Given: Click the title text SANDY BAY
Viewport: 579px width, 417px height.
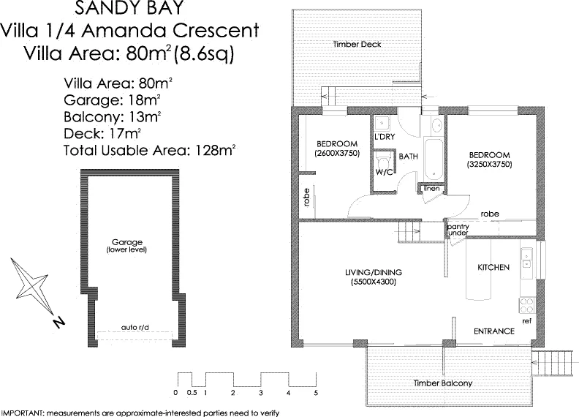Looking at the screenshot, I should pos(129,9).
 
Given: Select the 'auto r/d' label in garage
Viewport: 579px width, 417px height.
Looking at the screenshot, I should pos(135,327).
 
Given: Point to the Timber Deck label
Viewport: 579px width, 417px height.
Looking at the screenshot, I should pos(357,45).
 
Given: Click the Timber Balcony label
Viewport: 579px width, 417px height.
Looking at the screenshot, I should pos(442,383).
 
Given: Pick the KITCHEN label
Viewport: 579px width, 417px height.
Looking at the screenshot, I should pos(493,268).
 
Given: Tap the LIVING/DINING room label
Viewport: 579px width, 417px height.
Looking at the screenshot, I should pos(374,273).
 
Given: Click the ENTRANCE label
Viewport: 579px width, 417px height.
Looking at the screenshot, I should pos(493,331).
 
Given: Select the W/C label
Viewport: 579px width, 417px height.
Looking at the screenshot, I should pos(384,172).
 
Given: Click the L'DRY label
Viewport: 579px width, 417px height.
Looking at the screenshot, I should pos(385,137).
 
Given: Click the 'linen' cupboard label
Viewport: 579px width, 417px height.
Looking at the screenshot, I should pos(431,189).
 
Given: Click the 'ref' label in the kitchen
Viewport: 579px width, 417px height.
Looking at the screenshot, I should pos(526,321).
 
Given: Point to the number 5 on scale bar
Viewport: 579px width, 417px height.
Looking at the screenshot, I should pos(316,393).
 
